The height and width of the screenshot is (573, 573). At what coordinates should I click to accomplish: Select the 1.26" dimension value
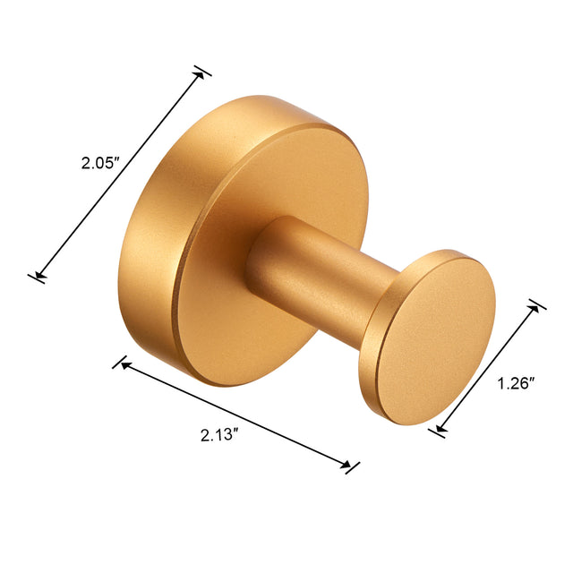[516, 384]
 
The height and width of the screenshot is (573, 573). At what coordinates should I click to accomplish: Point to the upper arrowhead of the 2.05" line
[201, 76]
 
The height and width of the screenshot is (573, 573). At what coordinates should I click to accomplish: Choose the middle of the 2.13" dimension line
[235, 414]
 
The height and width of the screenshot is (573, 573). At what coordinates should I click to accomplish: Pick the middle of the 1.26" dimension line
[488, 367]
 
